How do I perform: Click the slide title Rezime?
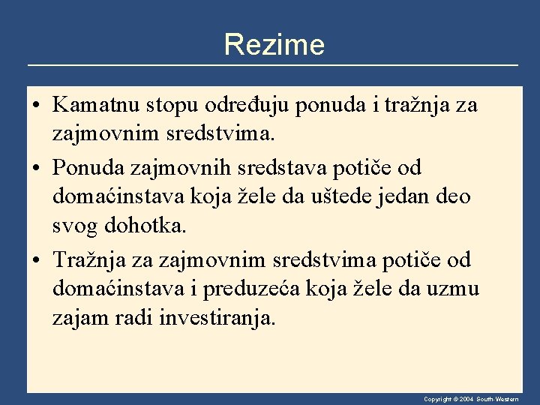tap(274, 45)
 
